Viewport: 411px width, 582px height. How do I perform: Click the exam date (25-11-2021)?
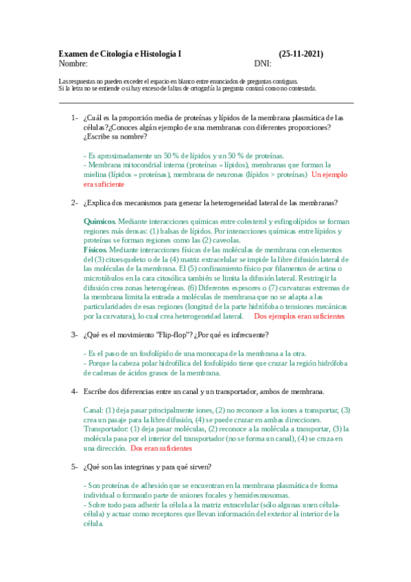coord(301,54)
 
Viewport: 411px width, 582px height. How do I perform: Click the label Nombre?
coord(73,64)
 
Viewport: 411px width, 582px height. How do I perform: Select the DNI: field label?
coord(263,64)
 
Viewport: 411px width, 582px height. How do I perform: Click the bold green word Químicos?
coord(99,222)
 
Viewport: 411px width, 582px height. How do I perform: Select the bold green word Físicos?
coord(97,251)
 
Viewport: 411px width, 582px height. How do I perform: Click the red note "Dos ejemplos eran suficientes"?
coord(299,317)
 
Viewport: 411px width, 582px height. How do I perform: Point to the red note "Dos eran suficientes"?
coord(161,447)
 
